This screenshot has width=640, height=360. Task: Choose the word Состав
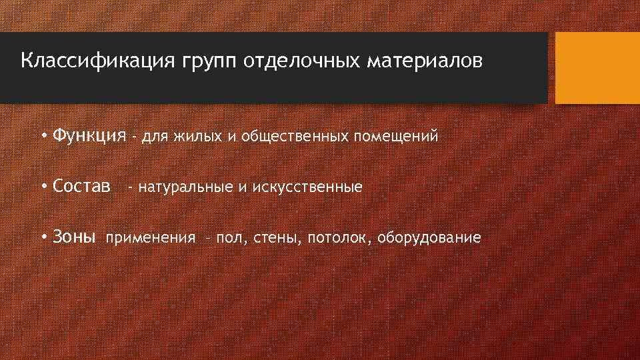(82, 187)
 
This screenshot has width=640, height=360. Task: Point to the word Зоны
(75, 237)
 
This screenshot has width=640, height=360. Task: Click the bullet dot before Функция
(43, 137)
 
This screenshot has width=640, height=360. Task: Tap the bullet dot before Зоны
(43, 237)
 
